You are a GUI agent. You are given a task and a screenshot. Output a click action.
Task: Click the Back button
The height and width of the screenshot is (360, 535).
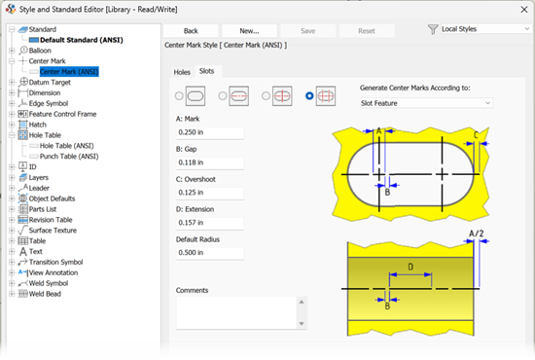tap(191, 31)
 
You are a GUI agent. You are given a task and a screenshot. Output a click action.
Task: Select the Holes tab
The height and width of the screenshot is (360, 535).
tap(182, 72)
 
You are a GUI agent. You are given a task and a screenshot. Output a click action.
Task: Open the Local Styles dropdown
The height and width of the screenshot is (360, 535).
tap(485, 29)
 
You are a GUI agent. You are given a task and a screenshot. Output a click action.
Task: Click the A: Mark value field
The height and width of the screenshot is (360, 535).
tap(209, 132)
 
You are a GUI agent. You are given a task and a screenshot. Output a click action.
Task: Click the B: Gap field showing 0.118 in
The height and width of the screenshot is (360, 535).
tap(209, 162)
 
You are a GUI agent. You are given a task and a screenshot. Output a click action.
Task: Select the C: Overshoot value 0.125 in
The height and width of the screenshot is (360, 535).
tap(209, 193)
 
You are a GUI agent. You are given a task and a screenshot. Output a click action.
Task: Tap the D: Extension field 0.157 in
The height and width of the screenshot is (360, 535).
tap(209, 223)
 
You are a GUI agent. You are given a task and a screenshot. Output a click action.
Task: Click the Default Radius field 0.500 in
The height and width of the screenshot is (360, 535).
tap(209, 253)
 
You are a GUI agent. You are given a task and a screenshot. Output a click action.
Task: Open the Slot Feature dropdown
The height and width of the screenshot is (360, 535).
tap(426, 103)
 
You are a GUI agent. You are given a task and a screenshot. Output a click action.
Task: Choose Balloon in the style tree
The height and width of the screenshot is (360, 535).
tap(40, 51)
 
